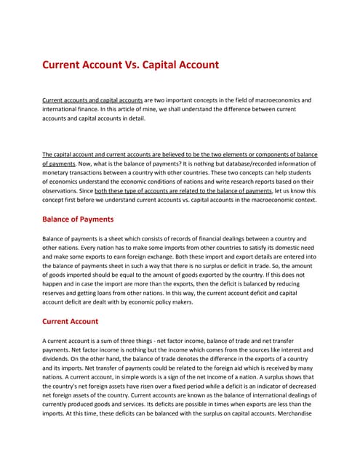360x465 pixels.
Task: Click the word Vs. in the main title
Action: point(138,65)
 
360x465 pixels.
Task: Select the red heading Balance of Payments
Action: point(78,219)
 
